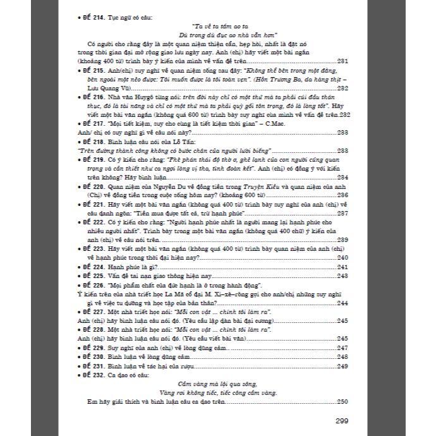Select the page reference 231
[343, 61]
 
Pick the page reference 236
[343, 196]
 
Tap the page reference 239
[343, 240]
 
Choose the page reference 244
[343, 303]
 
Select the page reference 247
[343, 348]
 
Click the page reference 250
[343, 402]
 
